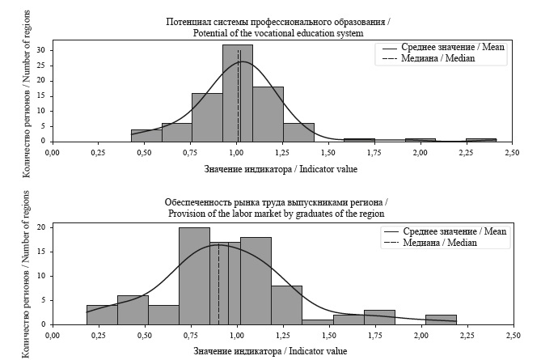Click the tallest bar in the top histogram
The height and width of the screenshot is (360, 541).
(x=238, y=93)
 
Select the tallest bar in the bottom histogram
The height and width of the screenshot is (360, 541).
(x=194, y=275)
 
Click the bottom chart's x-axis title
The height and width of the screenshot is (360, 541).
(x=270, y=351)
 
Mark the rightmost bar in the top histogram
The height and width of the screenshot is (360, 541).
(x=481, y=140)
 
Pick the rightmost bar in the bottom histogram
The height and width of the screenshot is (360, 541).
(x=441, y=320)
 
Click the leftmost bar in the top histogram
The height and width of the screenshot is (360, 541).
(x=146, y=135)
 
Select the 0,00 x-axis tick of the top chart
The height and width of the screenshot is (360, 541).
(x=53, y=151)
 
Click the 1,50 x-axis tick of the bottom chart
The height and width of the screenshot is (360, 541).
(x=328, y=333)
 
